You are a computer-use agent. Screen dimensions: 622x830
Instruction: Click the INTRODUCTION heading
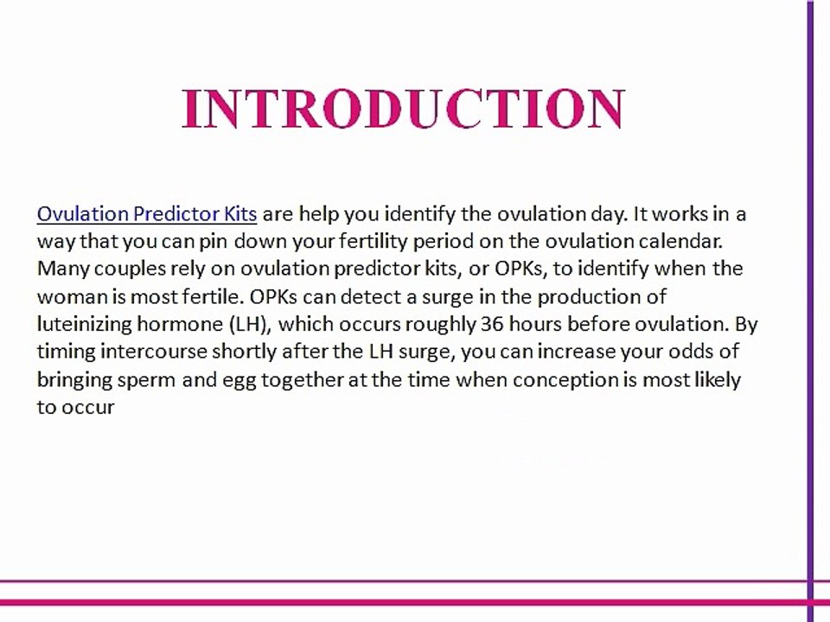[x=403, y=109]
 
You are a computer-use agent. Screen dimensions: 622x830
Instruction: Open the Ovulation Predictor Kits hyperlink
[x=147, y=213]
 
